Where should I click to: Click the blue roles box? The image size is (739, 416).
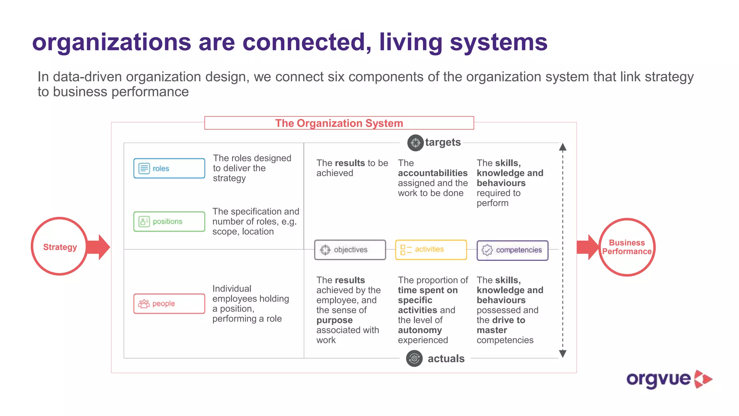point(169,168)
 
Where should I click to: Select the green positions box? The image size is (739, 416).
point(169,221)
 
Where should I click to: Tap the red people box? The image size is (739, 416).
point(169,304)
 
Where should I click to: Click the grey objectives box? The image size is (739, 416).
point(350,250)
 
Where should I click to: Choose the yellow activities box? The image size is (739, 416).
point(431,250)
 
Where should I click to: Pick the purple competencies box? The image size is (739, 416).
point(512,250)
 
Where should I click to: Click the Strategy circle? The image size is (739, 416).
point(60,247)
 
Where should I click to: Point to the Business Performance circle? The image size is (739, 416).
point(627,247)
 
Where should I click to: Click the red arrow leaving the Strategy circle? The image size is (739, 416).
point(99,247)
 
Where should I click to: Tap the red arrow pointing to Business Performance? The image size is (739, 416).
point(587,247)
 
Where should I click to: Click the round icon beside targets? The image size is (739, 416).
point(415,143)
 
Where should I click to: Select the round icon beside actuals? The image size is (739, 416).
point(414,358)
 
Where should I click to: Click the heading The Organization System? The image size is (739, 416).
point(339,123)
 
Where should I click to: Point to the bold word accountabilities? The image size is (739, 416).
point(432,173)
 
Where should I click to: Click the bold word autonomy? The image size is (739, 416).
point(420,330)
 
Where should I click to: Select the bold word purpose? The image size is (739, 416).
point(334,320)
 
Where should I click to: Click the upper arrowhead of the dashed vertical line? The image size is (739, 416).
point(563,147)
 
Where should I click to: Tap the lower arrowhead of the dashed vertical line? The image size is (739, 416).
point(563,354)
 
